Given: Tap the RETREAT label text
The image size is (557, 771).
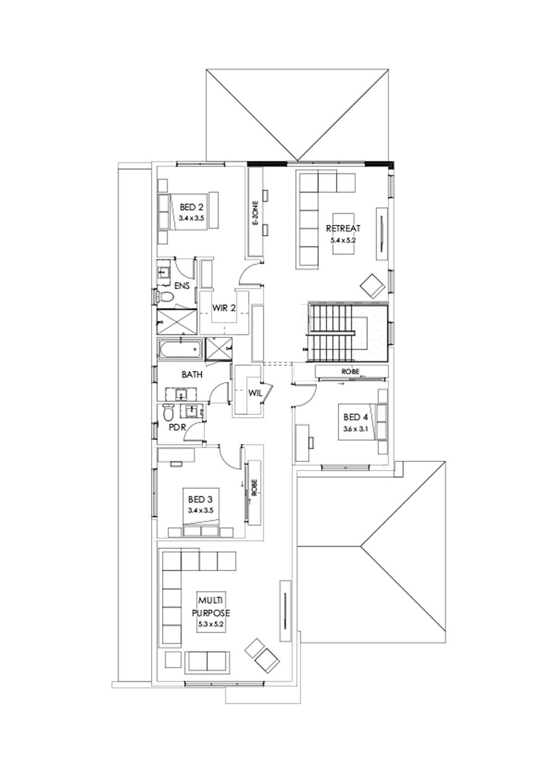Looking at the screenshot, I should (343, 228).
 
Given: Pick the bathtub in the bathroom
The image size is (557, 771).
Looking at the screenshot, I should (181, 350).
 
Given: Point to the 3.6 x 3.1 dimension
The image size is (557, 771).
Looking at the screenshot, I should (355, 428).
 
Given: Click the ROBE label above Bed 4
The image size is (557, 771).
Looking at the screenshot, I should (350, 372).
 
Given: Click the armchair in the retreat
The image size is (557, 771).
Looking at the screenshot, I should (373, 285).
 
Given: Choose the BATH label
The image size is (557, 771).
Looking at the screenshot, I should (191, 375).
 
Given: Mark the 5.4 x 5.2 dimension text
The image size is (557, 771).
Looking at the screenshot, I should (343, 238).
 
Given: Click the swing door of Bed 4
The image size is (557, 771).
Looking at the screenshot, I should (304, 393).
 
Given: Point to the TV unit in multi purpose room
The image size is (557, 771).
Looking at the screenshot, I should (285, 604).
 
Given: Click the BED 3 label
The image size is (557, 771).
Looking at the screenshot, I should (199, 499).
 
